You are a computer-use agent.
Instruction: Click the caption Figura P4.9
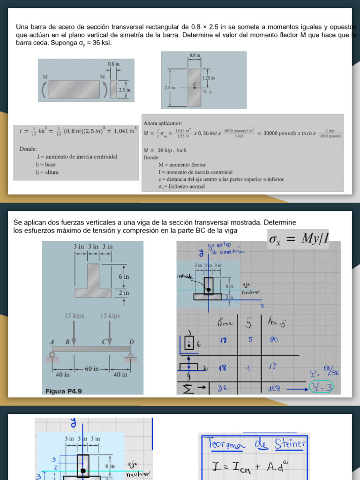coord(64,391)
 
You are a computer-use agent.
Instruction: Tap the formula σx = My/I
coord(298,239)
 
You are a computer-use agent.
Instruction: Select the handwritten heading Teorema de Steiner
coord(254,443)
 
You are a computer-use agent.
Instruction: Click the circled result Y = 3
coord(322,388)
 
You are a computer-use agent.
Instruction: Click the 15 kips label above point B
coord(74,315)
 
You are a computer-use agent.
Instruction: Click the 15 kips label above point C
coord(110,315)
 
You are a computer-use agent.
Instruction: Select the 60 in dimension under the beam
coord(91,368)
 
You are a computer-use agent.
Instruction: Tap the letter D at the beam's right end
coord(131,342)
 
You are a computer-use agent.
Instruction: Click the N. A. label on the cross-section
coord(208,91)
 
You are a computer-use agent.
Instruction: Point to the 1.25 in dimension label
coord(209,78)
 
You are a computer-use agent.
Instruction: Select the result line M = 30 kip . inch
coord(165,150)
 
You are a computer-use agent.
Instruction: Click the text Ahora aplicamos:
coord(163,123)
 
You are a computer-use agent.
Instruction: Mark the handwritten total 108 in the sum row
coord(274,388)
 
